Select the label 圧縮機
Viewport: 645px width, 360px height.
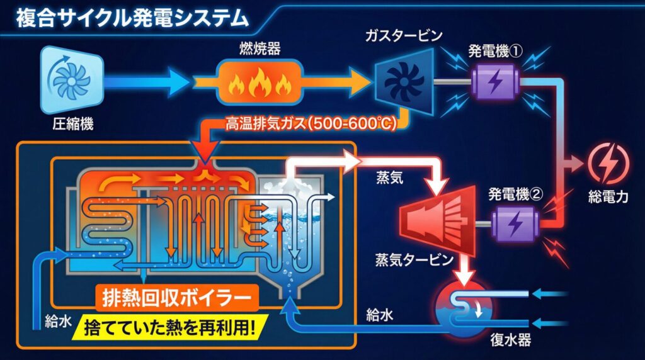[x=72, y=124]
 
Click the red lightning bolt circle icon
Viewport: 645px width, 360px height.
[x=608, y=163]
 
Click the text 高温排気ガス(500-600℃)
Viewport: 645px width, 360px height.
[x=311, y=123]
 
